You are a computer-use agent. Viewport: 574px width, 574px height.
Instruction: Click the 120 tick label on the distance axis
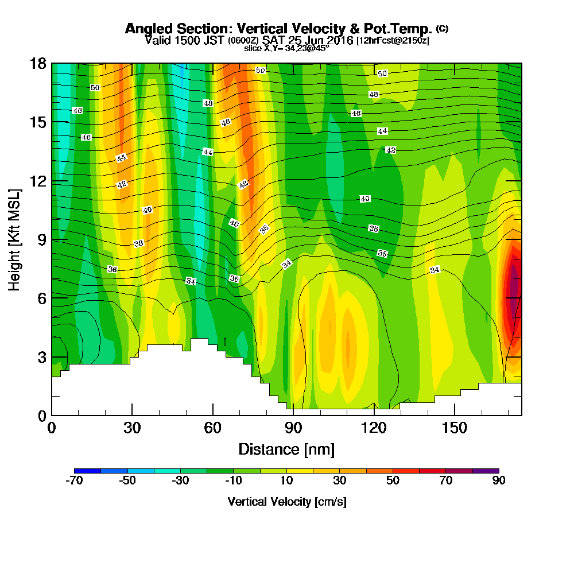(374, 427)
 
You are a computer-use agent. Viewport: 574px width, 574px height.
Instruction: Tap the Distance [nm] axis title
(286, 449)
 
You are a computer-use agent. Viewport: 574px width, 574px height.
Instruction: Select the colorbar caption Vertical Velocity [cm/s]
(286, 502)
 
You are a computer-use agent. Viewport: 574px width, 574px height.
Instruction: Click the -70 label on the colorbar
(75, 481)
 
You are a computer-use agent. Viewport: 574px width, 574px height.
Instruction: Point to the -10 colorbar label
(234, 481)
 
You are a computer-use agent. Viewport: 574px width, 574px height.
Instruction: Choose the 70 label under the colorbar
(446, 481)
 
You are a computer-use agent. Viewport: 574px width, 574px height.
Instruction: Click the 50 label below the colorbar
(393, 481)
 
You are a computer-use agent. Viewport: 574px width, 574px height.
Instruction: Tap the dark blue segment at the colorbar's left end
(87, 471)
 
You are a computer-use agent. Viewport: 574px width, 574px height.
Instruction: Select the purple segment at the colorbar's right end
(486, 471)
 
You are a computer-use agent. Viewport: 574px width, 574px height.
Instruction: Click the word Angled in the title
(145, 29)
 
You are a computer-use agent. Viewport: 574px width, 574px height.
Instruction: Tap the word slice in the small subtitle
(253, 48)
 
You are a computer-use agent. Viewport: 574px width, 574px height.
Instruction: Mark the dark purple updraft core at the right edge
(513, 293)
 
